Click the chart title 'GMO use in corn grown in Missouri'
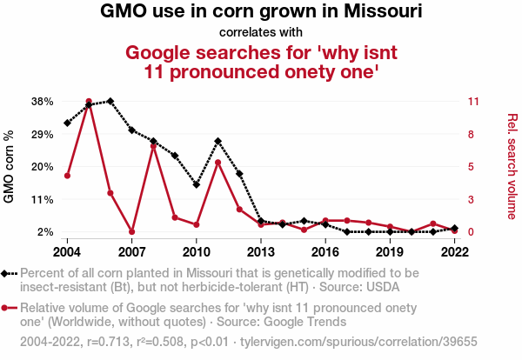tap(261, 12)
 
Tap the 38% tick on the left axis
tap(43, 101)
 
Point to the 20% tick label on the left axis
tap(43, 166)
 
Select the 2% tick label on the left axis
tap(46, 231)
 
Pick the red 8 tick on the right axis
tap(471, 134)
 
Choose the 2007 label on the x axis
tap(131, 251)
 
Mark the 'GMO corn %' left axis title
tap(11, 166)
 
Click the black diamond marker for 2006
tap(110, 101)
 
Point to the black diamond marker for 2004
tap(67, 123)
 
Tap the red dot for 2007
tap(131, 231)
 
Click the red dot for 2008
tap(153, 146)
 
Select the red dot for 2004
tap(67, 176)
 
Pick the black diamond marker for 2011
tap(217, 141)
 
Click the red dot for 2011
tap(217, 163)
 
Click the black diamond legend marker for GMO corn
tap(9, 272)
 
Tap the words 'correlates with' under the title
tap(261, 33)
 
